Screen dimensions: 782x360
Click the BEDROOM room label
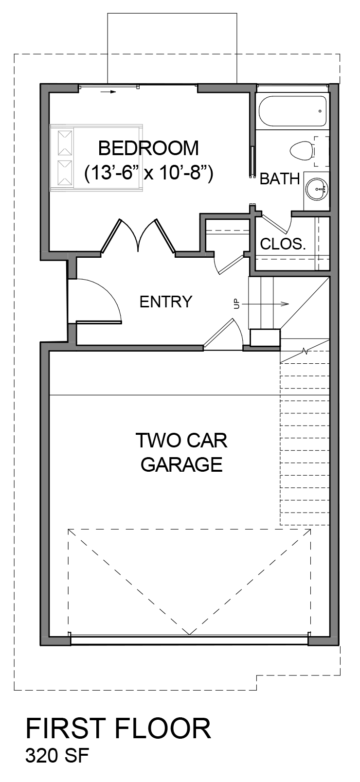148,148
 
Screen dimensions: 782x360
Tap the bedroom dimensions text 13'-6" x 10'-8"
148,173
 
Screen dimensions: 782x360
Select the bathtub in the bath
292,111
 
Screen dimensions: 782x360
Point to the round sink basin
318,187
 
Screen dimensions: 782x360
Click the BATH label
279,179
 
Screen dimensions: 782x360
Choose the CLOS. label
283,244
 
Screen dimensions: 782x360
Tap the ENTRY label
165,302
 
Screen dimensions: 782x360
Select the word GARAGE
181,464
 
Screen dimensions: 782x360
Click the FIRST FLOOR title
118,729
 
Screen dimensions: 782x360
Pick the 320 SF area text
57,756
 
